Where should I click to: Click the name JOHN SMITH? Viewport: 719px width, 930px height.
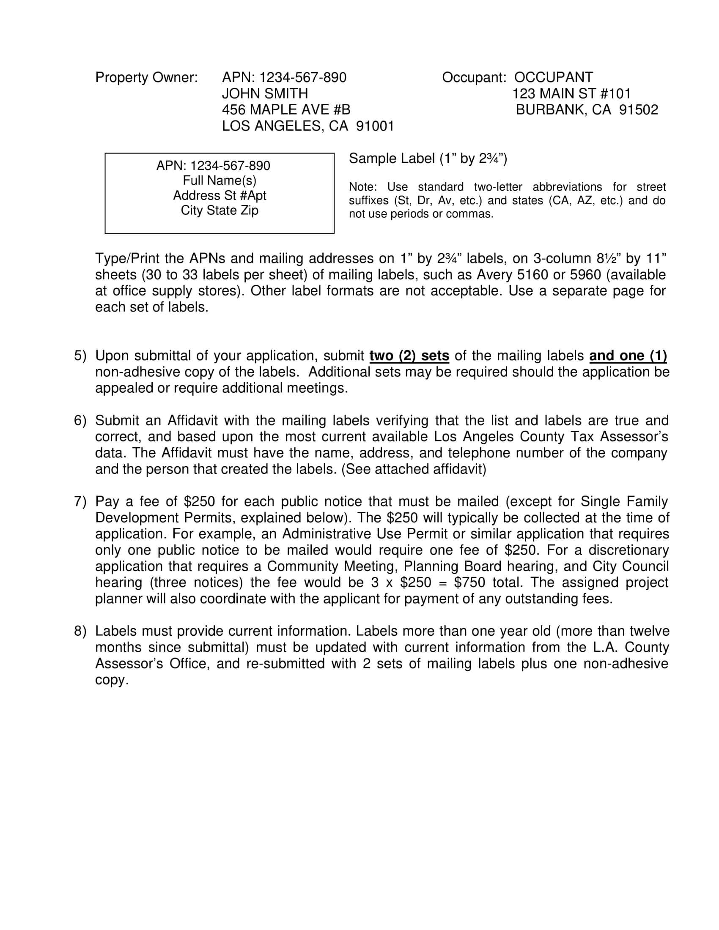(264, 93)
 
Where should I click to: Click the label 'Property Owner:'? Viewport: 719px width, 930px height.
(146, 77)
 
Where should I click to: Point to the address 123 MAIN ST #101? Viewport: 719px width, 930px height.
(571, 94)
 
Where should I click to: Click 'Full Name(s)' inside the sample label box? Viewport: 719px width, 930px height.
(220, 181)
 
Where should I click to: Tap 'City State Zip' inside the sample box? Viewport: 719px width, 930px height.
(220, 211)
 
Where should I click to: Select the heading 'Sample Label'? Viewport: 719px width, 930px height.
(392, 159)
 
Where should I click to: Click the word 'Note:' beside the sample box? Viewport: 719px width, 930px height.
(362, 187)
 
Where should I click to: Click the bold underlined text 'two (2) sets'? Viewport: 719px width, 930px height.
(409, 356)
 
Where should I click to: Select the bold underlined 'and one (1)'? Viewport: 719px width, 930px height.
(628, 356)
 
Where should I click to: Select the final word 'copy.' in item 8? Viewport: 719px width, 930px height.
(112, 680)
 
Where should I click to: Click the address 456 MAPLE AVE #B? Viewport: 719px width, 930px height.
(286, 110)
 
